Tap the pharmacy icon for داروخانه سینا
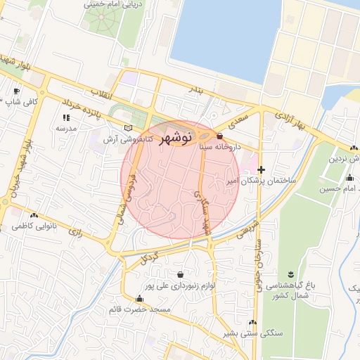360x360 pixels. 220,136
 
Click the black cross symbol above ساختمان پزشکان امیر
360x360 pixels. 262,169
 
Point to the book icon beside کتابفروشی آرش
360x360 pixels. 128,128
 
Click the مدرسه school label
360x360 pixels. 65,129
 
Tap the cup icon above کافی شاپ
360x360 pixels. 17,91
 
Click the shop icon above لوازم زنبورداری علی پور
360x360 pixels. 181,274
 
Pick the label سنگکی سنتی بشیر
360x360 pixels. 251,333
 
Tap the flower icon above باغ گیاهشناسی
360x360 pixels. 290,274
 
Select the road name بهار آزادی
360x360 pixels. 291,120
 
